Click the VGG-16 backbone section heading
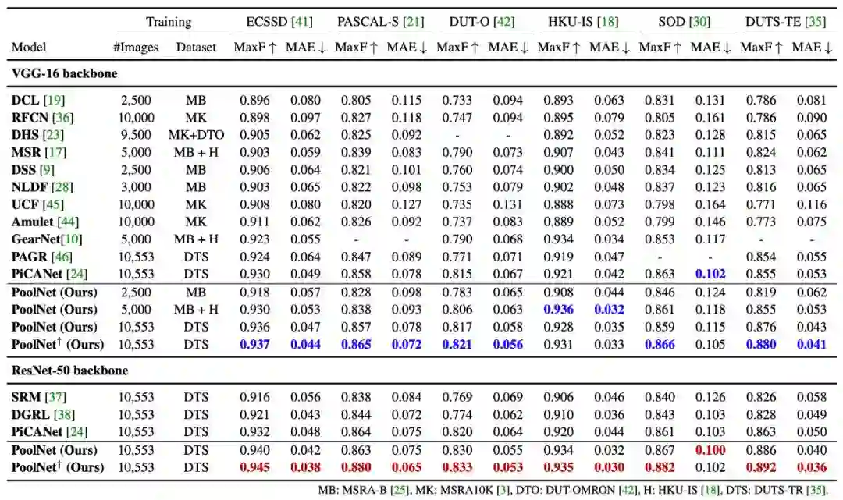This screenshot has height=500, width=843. pos(59,74)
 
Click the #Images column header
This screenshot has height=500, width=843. pos(136,48)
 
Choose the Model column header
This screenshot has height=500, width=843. pos(29,48)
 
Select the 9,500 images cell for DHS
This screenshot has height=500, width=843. pos(136,134)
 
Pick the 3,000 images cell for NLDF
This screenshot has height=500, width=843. pos(136,186)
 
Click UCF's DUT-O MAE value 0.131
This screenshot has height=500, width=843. pos(507,204)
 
